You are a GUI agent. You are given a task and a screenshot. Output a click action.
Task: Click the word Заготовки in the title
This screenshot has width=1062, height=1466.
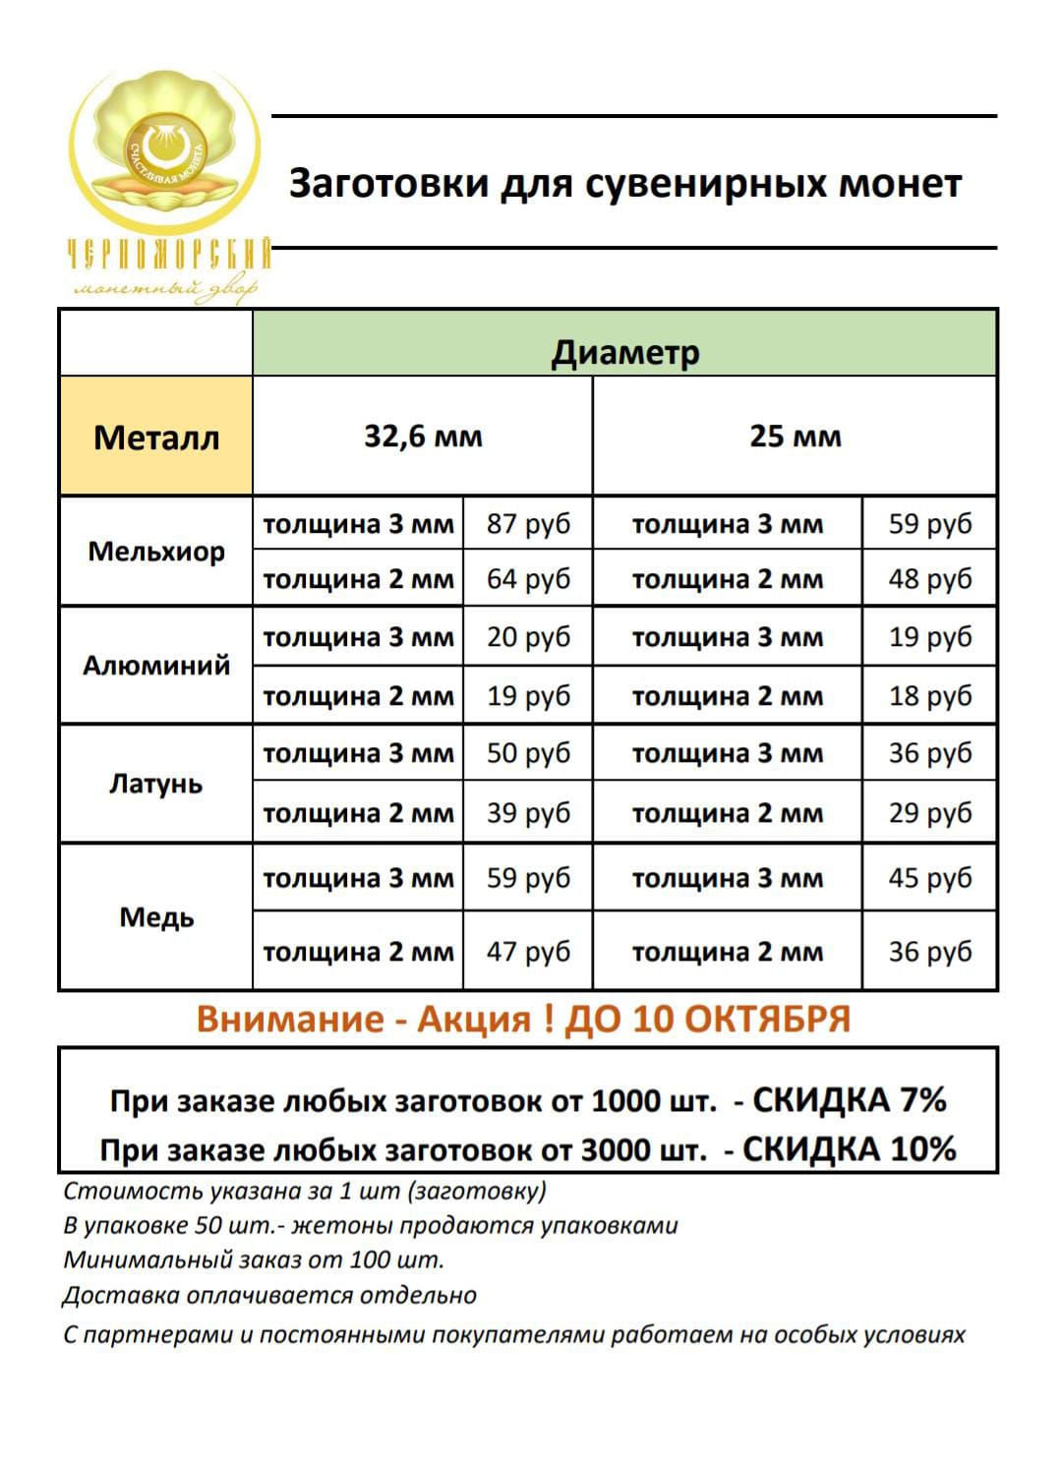(388, 184)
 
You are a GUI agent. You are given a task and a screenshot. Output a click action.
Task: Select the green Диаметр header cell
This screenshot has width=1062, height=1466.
(624, 352)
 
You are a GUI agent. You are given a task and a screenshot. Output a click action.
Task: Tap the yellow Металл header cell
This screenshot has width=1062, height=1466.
(156, 437)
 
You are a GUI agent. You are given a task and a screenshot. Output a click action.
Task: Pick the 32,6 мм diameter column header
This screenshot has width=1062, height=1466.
(423, 436)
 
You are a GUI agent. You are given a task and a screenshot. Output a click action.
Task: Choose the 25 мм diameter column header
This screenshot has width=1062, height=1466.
(795, 436)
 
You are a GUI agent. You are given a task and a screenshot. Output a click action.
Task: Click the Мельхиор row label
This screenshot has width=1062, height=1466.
(156, 552)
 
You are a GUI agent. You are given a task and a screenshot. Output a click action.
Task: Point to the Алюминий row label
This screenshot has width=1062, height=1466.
(156, 666)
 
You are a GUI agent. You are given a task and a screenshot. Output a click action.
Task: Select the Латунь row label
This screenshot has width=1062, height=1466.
(156, 784)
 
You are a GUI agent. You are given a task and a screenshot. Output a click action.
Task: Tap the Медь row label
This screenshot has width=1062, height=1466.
(156, 917)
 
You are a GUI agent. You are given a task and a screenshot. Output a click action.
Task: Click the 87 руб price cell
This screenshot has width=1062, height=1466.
(528, 523)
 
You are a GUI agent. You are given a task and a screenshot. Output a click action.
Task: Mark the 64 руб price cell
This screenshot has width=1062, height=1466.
(528, 578)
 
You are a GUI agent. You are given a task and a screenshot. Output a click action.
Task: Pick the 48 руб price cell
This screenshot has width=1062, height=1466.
(929, 578)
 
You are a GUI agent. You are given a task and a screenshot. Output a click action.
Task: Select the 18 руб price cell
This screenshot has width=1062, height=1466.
(929, 696)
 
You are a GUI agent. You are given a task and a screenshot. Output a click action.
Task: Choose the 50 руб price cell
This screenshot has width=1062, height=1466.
(528, 753)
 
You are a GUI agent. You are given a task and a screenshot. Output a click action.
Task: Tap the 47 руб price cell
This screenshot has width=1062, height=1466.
(528, 952)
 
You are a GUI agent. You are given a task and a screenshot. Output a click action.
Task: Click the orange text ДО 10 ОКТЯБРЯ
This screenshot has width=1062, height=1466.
(707, 1019)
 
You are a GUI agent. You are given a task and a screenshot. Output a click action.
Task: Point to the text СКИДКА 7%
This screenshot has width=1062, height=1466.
(849, 1099)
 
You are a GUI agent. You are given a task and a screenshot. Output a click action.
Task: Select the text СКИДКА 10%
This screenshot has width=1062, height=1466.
(849, 1148)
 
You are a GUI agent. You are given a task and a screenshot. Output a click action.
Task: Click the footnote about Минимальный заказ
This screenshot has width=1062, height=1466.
(254, 1260)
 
